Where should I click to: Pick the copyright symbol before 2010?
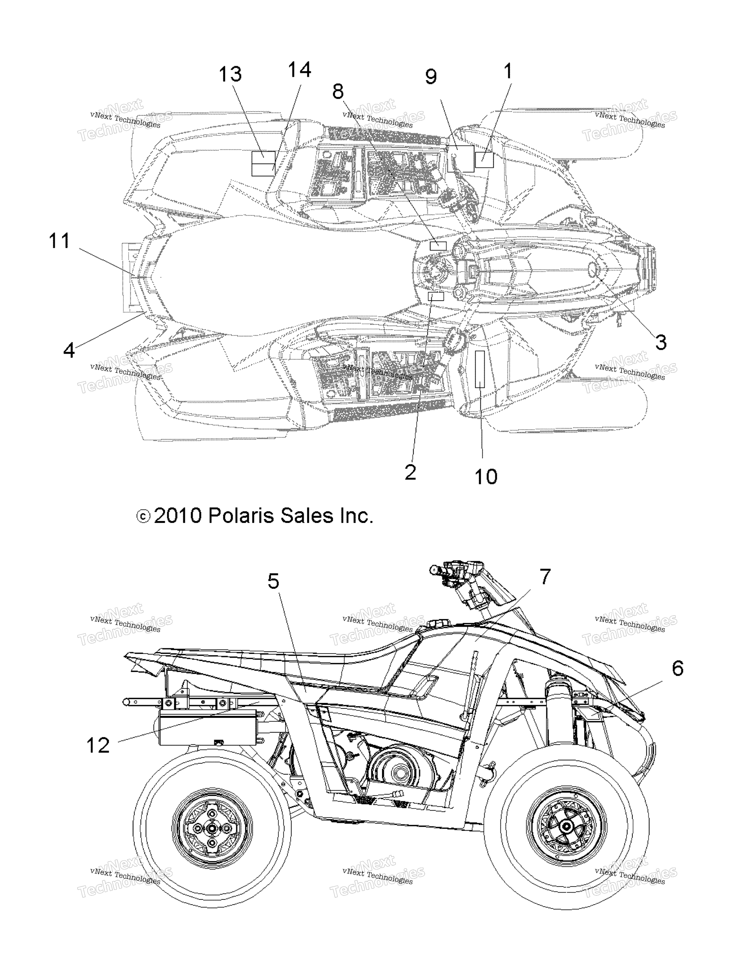tap(144, 516)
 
